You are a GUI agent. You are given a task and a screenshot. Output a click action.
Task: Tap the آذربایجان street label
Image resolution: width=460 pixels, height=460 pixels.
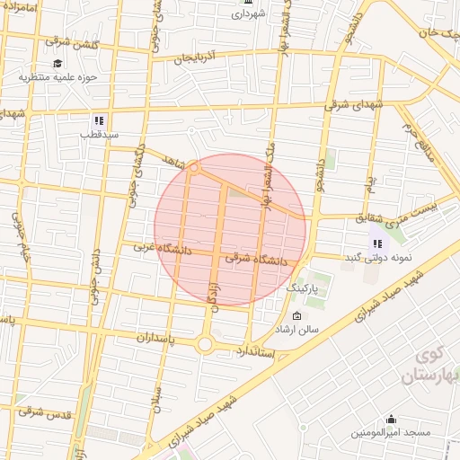[197, 57]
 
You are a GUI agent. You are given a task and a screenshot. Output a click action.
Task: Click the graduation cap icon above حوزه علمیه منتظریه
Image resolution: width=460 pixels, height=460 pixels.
[58, 63]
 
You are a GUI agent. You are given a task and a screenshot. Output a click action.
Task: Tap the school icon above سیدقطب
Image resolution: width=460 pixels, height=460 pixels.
[100, 119]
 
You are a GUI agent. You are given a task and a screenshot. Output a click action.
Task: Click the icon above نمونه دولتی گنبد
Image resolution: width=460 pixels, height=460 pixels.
[377, 243]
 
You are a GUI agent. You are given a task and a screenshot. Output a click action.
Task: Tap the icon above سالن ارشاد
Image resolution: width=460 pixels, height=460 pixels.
[297, 315]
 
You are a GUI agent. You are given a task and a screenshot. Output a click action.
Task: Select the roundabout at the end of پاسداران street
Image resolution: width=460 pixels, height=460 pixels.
[205, 344]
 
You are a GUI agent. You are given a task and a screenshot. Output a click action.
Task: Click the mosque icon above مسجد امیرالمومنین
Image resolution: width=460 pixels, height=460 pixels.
[391, 419]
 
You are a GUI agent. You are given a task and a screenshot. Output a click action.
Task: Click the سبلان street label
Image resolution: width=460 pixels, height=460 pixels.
[157, 396]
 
